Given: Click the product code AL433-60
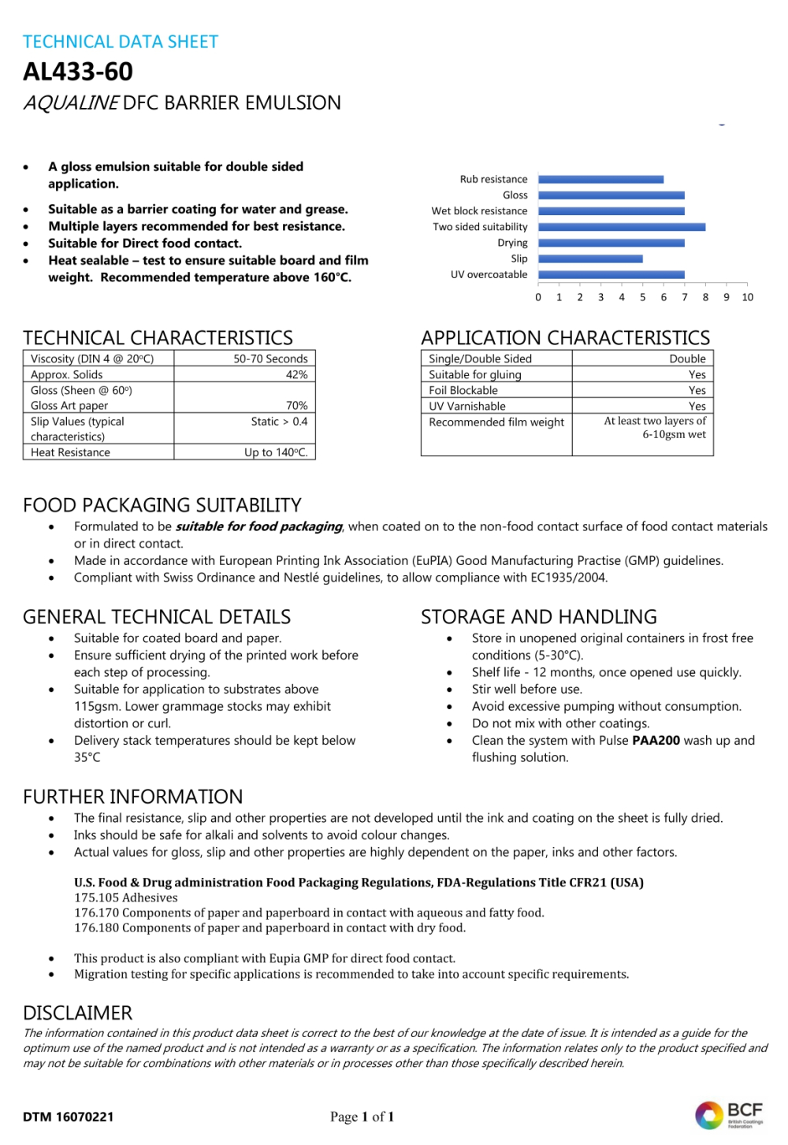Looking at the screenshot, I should (x=78, y=72).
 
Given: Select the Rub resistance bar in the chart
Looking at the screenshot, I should (x=600, y=180).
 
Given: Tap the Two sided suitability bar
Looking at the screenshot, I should (x=622, y=227).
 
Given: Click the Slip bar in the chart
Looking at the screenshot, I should (x=590, y=258).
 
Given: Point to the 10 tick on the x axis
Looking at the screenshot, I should (x=747, y=297).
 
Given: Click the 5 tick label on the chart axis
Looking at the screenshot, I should (x=643, y=297).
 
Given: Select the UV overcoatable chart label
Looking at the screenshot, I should (x=489, y=274).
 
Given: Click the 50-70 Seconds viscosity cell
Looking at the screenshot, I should (x=270, y=359).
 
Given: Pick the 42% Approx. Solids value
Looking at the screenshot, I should (x=296, y=374).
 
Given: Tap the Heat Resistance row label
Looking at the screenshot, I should (x=70, y=452).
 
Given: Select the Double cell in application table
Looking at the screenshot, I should (x=687, y=359).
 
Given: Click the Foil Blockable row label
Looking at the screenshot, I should (x=463, y=390).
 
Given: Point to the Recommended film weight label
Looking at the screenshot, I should (x=496, y=422).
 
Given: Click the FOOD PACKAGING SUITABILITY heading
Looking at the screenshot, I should (x=162, y=505).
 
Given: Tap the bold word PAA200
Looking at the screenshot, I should (x=656, y=741).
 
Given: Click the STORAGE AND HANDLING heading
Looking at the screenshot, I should (x=539, y=617).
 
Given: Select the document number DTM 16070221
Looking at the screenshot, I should (x=69, y=1117).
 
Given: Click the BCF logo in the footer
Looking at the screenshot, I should (x=728, y=1114).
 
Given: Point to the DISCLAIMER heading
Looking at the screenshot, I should (x=78, y=1013).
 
